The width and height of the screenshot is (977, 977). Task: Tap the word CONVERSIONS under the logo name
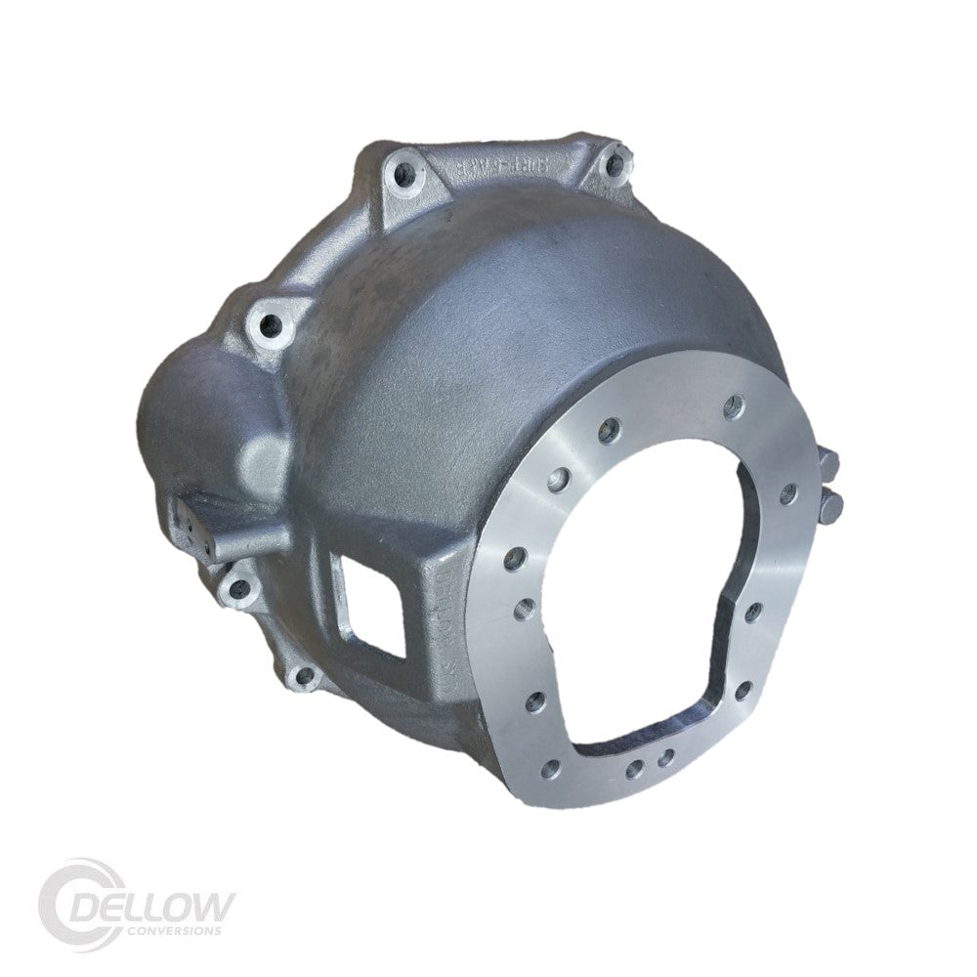point(174,928)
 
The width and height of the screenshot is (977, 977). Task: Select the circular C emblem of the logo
point(73,899)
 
